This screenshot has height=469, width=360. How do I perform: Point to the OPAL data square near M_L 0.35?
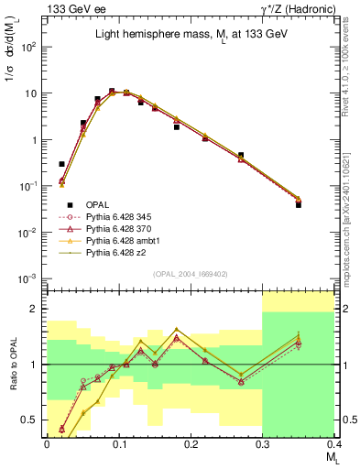click(x=299, y=204)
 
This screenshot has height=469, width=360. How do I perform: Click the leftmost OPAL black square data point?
click(x=61, y=164)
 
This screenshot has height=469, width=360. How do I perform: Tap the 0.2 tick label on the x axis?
click(x=191, y=444)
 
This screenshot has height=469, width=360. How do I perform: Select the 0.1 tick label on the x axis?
click(x=119, y=444)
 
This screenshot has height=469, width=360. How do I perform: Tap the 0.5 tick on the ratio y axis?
click(x=33, y=420)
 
